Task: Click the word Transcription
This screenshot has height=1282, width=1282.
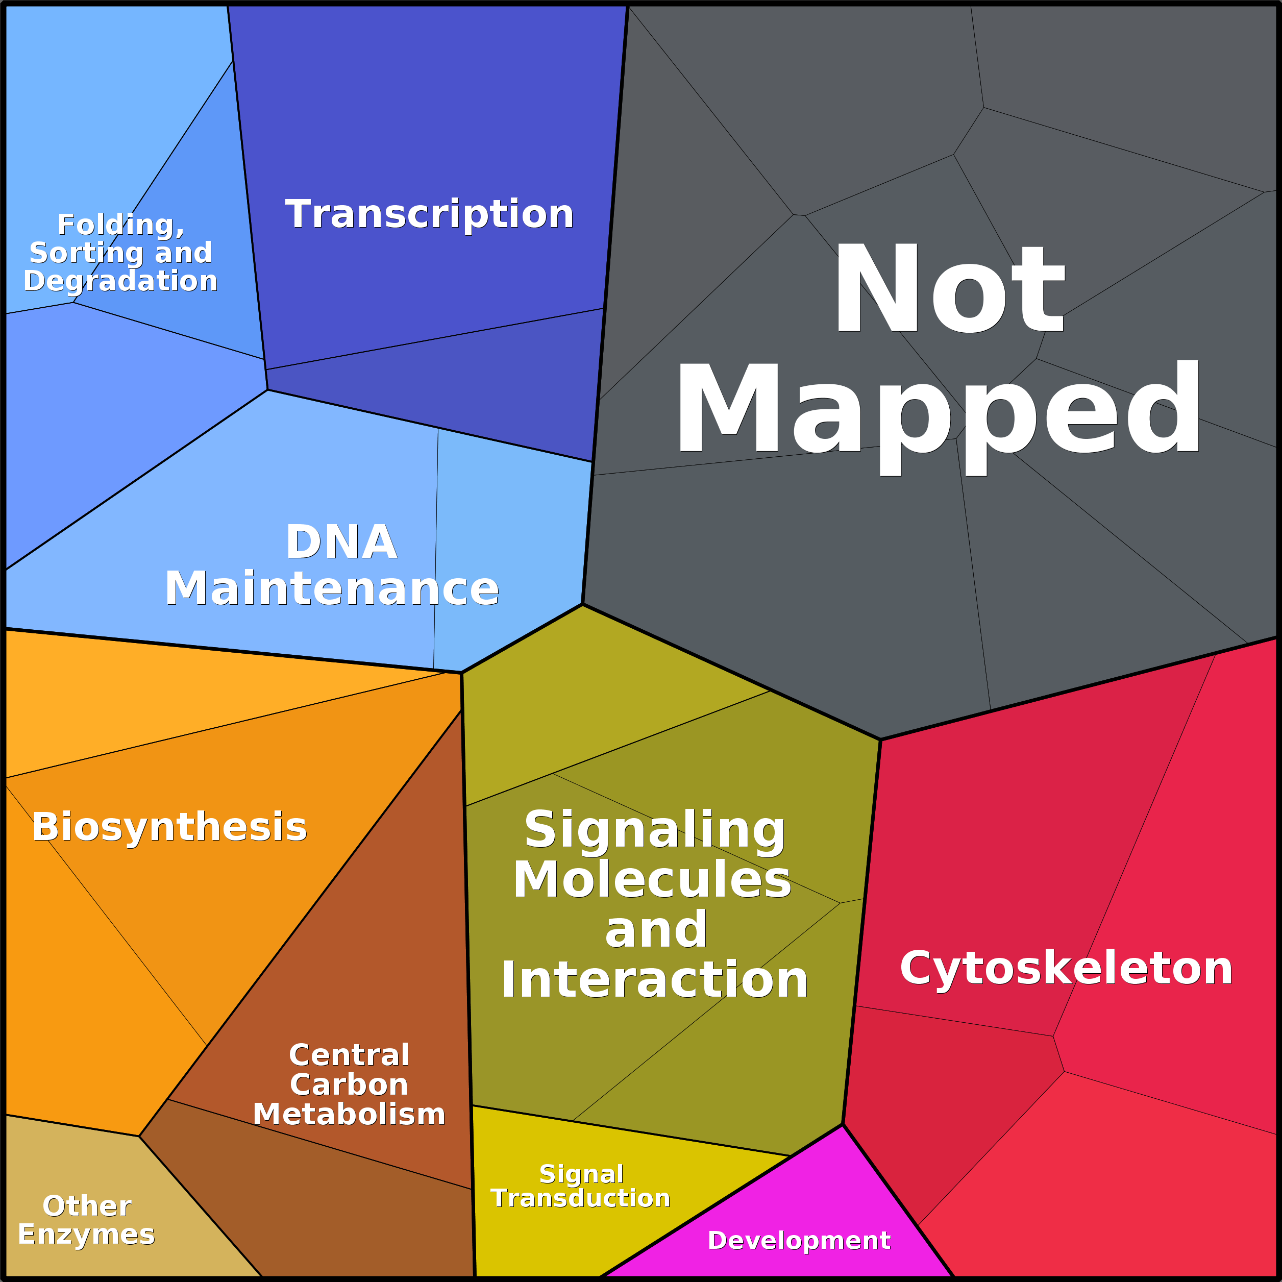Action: click(429, 214)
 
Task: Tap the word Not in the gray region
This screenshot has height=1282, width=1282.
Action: click(949, 289)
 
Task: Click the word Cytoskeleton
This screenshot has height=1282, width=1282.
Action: click(1066, 968)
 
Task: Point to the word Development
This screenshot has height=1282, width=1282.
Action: click(799, 1240)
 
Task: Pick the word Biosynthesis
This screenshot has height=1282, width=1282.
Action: click(169, 827)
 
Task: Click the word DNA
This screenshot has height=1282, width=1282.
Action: click(341, 542)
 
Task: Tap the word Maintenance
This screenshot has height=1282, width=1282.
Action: click(332, 588)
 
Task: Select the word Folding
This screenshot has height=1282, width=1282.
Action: click(121, 225)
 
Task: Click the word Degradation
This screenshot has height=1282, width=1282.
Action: click(121, 281)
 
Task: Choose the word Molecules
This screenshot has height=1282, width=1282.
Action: click(652, 880)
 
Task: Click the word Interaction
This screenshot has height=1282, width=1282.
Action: click(655, 979)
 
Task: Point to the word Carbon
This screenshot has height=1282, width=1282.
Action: click(349, 1084)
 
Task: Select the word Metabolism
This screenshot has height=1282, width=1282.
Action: click(349, 1114)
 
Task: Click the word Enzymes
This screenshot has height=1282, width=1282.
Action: click(86, 1234)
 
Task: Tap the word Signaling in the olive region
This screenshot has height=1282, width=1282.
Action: click(655, 829)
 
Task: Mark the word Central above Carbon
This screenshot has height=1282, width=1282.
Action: click(349, 1055)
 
